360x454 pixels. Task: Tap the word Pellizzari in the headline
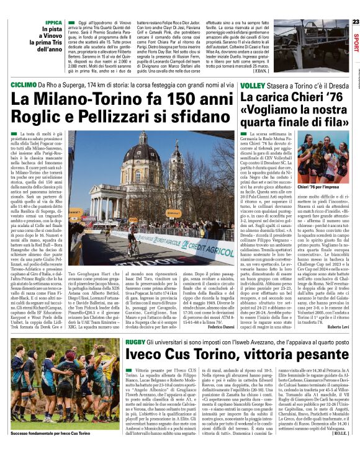click(x=138, y=117)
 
